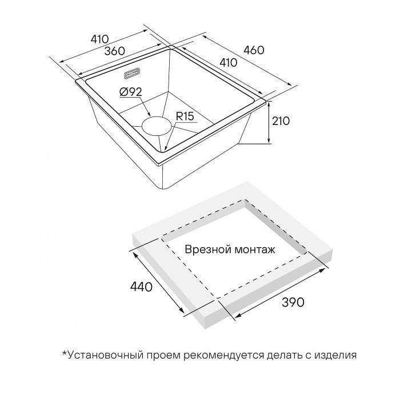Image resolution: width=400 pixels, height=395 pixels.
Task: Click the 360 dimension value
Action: (x=115, y=50)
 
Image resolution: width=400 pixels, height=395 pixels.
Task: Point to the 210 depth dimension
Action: (x=282, y=121)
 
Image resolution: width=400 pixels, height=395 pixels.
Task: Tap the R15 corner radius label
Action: (x=185, y=116)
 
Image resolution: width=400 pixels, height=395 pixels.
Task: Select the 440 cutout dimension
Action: (x=141, y=287)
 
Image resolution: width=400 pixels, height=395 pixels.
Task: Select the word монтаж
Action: (x=254, y=249)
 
